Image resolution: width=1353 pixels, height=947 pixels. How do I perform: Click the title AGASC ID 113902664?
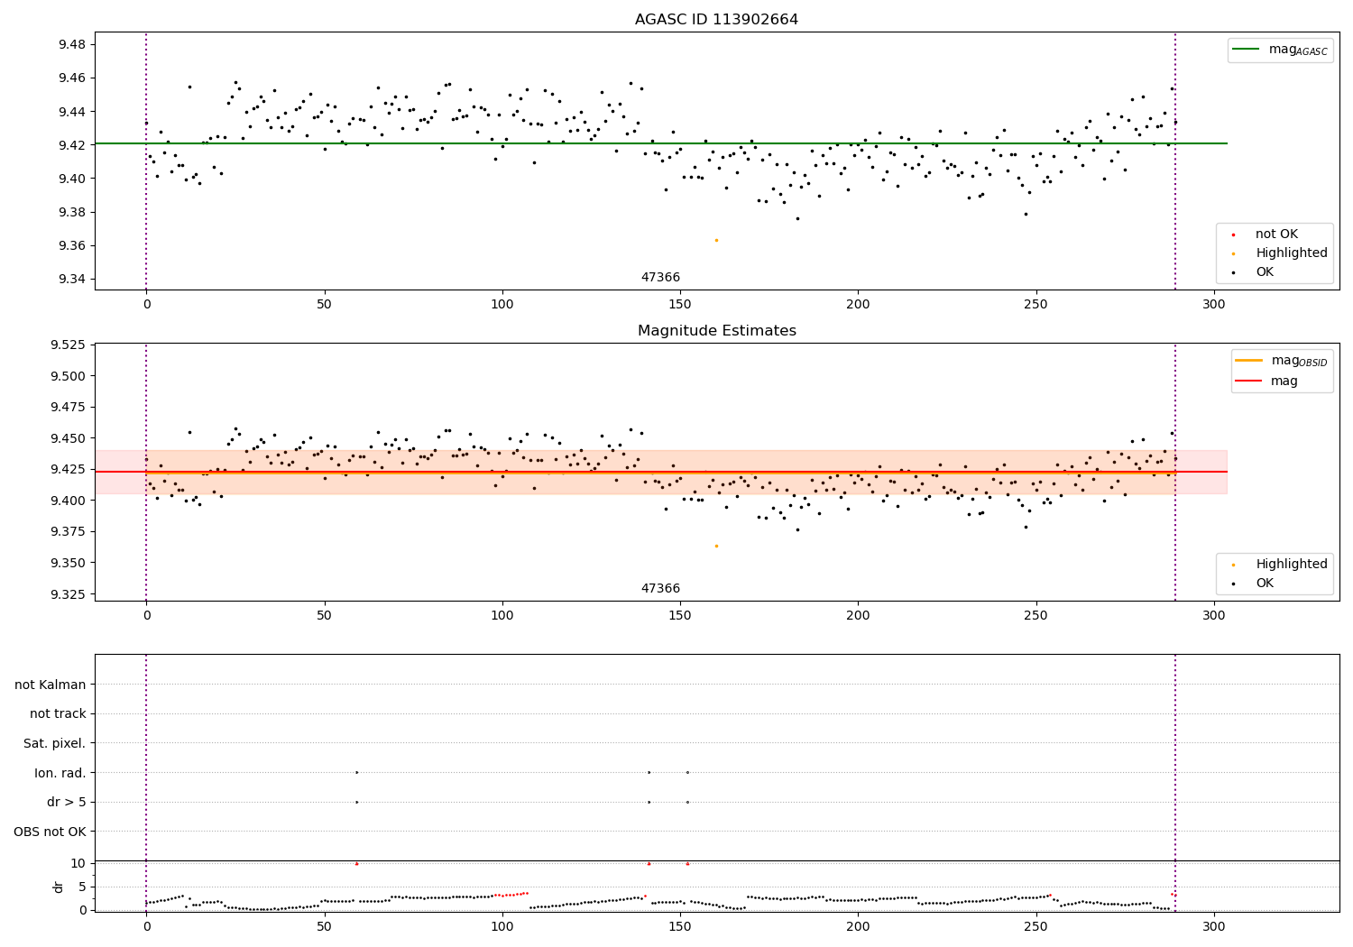tap(716, 20)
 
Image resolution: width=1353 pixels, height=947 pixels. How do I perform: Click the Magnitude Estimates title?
tap(716, 331)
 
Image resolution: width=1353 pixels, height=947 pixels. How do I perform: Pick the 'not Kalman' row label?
tap(51, 685)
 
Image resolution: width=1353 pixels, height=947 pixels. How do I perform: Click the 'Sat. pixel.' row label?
tap(54, 744)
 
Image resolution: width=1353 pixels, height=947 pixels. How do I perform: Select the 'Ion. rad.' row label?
tap(60, 773)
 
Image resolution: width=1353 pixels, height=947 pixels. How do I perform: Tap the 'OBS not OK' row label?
tap(50, 832)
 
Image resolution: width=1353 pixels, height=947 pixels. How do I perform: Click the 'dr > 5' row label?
tap(66, 802)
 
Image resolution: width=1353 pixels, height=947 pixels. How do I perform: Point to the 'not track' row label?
tap(58, 714)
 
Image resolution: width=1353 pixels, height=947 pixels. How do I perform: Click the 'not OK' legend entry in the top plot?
tap(1276, 234)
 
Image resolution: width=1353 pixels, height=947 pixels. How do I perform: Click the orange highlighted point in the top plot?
tap(716, 240)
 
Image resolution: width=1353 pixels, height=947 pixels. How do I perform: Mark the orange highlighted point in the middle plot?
tap(716, 546)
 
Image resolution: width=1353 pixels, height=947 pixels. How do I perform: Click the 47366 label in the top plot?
tap(660, 278)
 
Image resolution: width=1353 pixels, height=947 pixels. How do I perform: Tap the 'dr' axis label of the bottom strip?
tap(59, 887)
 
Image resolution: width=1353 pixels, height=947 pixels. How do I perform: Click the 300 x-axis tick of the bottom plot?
tap(1214, 926)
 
